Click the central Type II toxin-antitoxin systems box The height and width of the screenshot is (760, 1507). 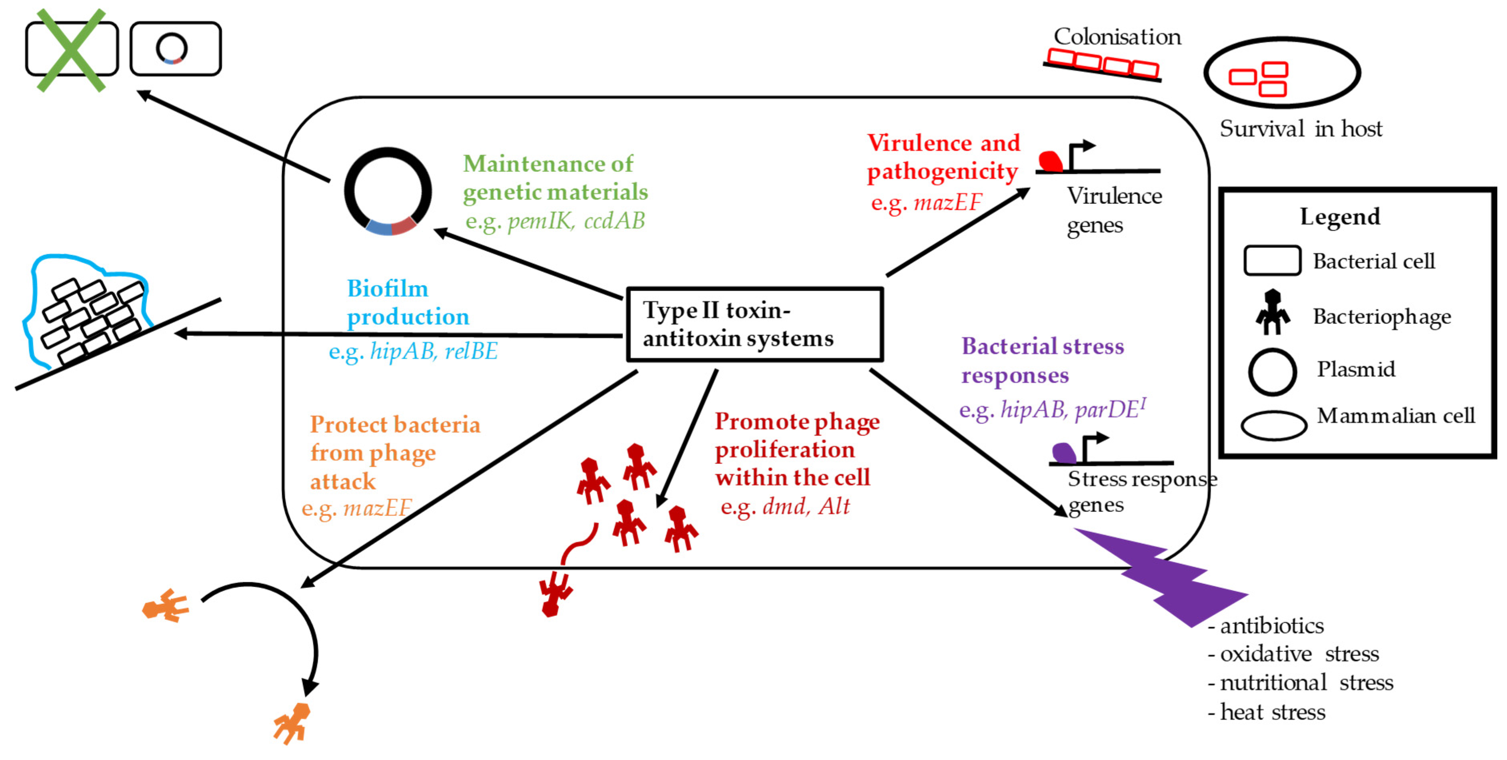click(x=753, y=324)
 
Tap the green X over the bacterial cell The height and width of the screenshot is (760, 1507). click(x=71, y=50)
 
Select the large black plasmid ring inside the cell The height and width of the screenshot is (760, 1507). click(x=388, y=191)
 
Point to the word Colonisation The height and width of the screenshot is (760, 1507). click(x=1117, y=37)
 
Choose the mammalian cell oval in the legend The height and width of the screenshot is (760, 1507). click(x=1273, y=425)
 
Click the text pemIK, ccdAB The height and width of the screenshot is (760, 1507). click(x=576, y=221)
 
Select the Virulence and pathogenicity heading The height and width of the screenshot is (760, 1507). click(x=943, y=157)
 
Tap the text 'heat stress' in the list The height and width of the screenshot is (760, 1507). click(x=1272, y=712)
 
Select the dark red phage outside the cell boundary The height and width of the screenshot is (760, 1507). click(x=554, y=594)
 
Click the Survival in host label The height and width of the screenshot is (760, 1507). click(x=1300, y=129)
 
